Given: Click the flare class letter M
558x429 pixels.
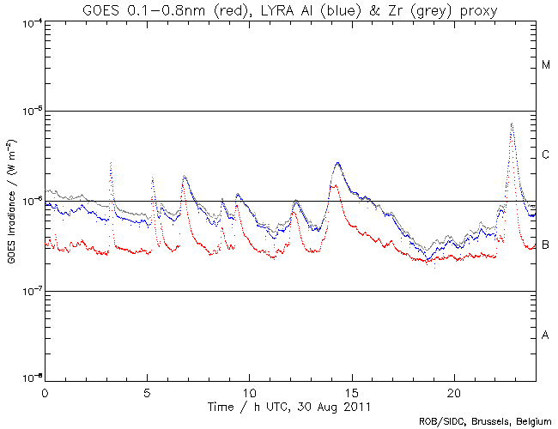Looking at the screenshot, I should (x=546, y=65).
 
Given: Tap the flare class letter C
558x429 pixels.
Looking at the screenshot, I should (x=546, y=155).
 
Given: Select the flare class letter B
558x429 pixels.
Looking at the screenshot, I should (x=546, y=245).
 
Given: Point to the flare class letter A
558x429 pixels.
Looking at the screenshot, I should (x=546, y=335).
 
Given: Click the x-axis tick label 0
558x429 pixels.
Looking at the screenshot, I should (x=45, y=391).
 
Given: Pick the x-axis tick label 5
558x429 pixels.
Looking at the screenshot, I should (x=147, y=391).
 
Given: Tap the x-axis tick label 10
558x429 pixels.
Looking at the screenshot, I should (x=249, y=391).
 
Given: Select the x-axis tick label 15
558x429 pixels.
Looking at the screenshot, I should (x=351, y=391).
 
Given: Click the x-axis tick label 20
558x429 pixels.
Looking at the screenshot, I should (x=453, y=391).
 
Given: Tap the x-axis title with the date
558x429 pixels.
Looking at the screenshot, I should (x=290, y=405).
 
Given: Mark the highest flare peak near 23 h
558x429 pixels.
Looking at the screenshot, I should (x=512, y=124).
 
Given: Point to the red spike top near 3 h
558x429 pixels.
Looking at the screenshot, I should (x=112, y=162).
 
